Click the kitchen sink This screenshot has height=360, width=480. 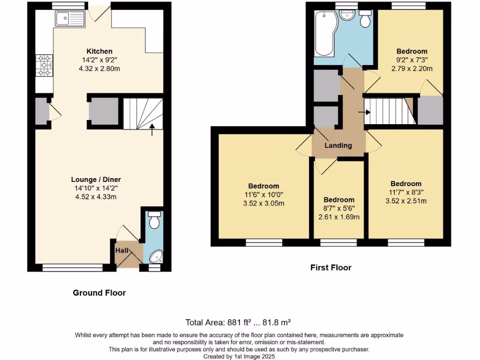click(x=69, y=19)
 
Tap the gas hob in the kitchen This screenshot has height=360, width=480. click(x=45, y=66)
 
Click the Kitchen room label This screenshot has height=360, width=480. click(x=99, y=51)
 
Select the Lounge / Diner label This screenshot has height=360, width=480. click(x=99, y=180)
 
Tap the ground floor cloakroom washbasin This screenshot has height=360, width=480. click(x=155, y=256)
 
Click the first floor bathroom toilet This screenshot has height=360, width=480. click(x=365, y=19)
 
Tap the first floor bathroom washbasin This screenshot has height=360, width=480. click(x=347, y=17)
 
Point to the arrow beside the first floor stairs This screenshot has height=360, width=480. click(x=364, y=112)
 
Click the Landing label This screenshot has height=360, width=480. click(x=338, y=145)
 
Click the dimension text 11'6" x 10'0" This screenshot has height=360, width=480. click(x=263, y=195)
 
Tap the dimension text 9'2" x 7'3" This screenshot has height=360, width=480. click(x=412, y=60)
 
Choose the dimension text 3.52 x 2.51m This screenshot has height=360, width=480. click(x=405, y=201)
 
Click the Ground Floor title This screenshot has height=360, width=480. click(x=99, y=293)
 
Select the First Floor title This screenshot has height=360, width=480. click(x=330, y=268)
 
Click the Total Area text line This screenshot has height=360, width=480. click(x=239, y=322)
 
